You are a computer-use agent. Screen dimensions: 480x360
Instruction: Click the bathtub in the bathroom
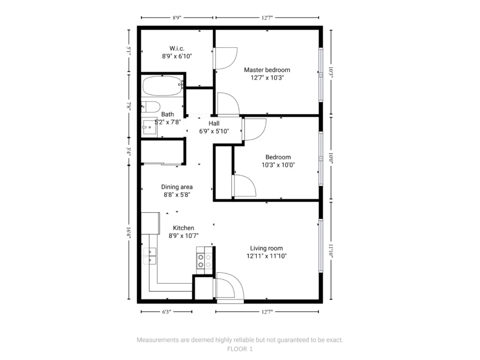(162, 86)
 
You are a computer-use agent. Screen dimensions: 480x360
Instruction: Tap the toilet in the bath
(150, 107)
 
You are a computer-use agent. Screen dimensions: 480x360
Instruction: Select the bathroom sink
(150, 127)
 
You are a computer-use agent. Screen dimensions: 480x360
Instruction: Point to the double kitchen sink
(150, 256)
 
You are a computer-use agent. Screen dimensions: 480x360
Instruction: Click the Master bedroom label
(267, 70)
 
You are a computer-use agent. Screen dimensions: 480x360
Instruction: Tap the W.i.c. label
(177, 48)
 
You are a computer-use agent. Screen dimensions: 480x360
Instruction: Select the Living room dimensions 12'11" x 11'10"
(267, 256)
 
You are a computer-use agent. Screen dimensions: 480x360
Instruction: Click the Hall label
(214, 123)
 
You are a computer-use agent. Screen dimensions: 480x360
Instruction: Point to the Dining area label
(177, 187)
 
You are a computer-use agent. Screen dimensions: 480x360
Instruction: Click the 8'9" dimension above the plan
(177, 18)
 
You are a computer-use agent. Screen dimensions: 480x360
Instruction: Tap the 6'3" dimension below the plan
(166, 312)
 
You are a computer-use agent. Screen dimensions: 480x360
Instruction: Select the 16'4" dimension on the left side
(129, 233)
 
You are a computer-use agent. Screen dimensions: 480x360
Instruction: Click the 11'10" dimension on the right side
(331, 251)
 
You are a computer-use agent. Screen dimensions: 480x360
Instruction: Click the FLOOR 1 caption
(240, 349)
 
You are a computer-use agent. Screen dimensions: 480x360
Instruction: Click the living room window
(321, 246)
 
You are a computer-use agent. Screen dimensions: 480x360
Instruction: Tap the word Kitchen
(183, 228)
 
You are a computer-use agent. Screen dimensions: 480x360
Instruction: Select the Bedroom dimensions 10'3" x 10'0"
(278, 165)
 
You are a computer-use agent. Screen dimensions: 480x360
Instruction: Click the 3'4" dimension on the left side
(129, 151)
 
